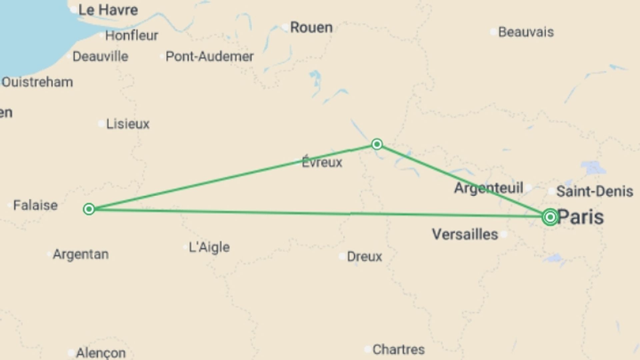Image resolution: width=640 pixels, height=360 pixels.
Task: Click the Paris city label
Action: coord(581,217)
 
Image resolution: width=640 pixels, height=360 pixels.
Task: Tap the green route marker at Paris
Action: coord(550,217)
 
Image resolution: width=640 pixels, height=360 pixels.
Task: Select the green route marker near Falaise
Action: coord(89,209)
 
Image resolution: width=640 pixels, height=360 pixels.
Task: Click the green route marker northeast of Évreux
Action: coord(377,144)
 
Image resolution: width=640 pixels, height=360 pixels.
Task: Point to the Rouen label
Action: coord(311,27)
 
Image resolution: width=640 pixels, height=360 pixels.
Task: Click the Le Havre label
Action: coord(108,10)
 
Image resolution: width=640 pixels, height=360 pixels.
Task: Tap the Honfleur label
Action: coord(132,35)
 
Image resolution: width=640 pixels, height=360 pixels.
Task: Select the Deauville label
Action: coord(100,56)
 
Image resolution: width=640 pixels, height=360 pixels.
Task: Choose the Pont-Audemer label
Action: coord(209,56)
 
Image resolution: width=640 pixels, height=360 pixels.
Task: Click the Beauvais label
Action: coord(526,32)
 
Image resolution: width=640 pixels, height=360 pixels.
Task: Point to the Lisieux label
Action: coord(128,124)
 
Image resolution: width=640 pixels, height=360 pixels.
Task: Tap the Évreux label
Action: coord(322,162)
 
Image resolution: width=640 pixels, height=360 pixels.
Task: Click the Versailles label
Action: coord(465,234)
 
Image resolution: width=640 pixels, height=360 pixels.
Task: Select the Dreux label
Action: coord(364,256)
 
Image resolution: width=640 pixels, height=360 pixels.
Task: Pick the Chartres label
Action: coord(398,349)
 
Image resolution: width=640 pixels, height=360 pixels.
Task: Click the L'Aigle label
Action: coord(209,247)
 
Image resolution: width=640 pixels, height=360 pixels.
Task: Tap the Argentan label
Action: coord(81,254)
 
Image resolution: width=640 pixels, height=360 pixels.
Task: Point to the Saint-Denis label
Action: coord(595,191)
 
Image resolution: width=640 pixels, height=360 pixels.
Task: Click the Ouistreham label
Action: coord(37,82)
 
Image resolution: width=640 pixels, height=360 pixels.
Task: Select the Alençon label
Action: coord(101,353)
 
